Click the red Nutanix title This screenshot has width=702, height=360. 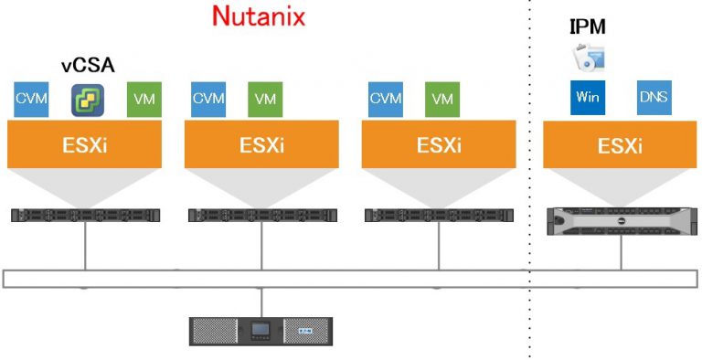click(259, 16)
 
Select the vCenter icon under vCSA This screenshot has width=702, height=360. click(88, 99)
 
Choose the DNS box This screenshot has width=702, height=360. click(654, 98)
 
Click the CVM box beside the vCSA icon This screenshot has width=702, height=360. click(30, 99)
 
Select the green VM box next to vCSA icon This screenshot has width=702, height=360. click(144, 99)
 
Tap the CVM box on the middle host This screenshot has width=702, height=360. click(207, 99)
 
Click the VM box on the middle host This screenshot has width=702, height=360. click(265, 99)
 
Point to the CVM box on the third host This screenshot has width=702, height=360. click(385, 99)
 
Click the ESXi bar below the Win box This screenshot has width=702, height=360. click(620, 145)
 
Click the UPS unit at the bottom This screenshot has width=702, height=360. click(261, 330)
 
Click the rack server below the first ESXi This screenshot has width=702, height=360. click(85, 216)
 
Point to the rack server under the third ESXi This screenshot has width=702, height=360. click(439, 216)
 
